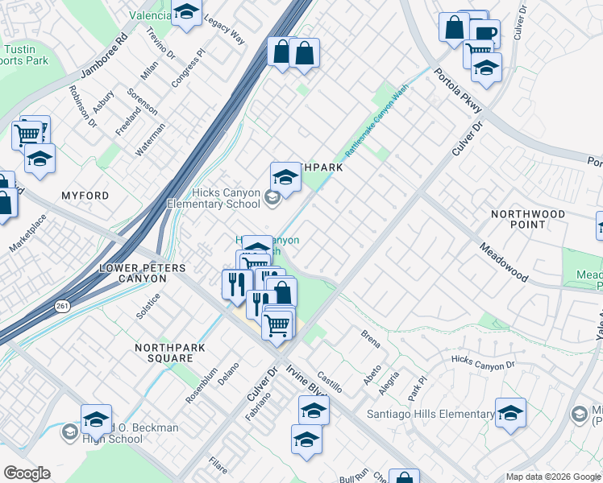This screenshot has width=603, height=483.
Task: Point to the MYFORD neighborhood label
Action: pos(85,196)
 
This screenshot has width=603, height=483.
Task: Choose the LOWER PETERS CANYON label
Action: pos(133,273)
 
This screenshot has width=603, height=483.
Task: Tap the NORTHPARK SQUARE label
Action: pos(164,353)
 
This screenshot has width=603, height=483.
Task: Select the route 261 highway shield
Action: pos(63,306)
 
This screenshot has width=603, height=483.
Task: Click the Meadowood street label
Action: pos(504,262)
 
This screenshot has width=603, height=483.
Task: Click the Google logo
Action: pos(27,473)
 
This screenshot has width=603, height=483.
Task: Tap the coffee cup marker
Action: pos(485,33)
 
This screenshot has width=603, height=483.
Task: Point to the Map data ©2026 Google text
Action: pos(553,477)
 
